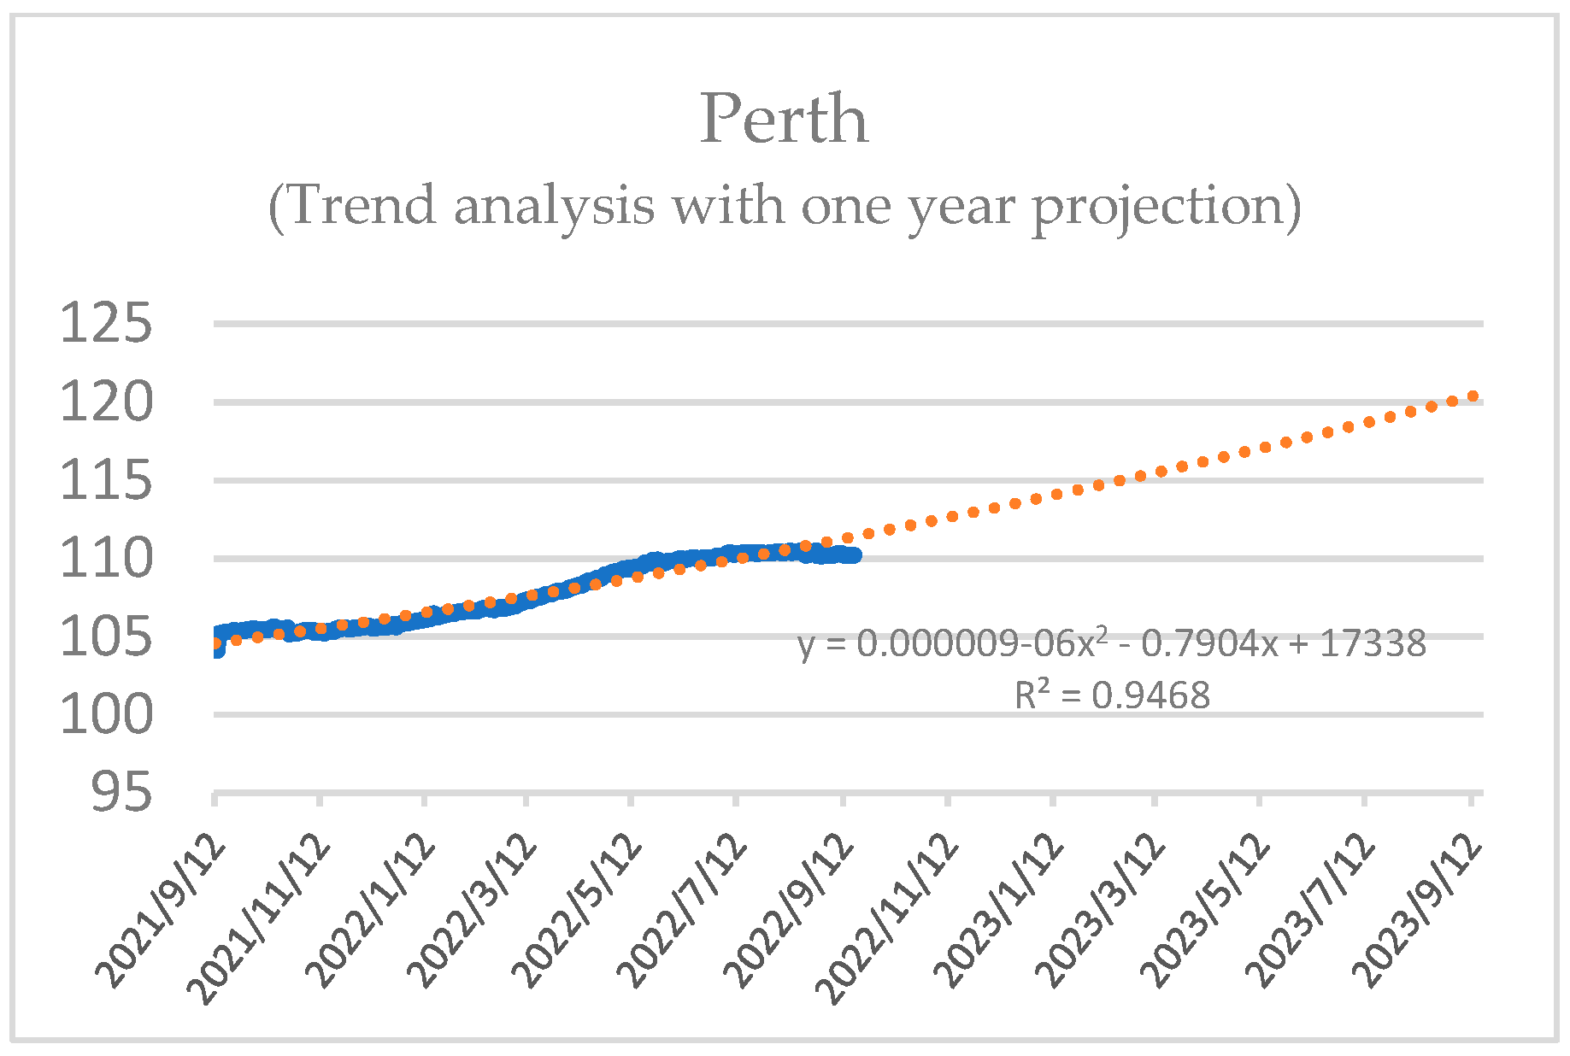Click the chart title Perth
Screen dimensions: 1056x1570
pos(784,120)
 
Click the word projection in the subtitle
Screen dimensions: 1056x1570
pos(1165,207)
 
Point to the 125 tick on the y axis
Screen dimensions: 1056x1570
pos(106,325)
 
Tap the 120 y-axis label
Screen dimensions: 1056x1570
pos(106,403)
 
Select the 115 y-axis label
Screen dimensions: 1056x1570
pos(106,481)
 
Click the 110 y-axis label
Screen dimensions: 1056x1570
pos(106,560)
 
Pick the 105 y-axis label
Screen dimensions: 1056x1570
pos(106,637)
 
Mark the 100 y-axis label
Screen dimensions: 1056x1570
pos(106,715)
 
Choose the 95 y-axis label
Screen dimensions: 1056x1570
pos(121,794)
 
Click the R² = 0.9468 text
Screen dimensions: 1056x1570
pos(1112,695)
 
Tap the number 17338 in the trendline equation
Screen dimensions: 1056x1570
pos(1373,644)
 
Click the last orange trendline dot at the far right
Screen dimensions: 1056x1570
pos(1473,396)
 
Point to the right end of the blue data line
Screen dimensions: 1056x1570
pos(855,555)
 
